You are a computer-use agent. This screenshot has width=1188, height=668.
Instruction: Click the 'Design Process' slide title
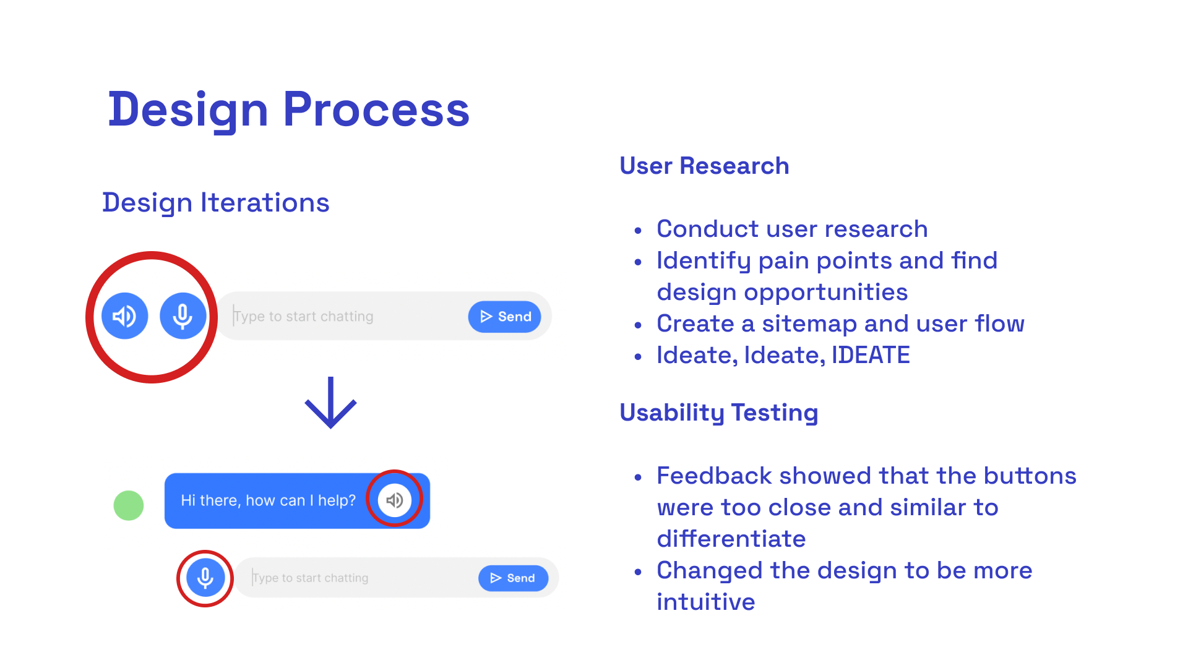coord(289,110)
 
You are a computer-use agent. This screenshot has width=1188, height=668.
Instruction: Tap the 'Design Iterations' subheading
coord(216,203)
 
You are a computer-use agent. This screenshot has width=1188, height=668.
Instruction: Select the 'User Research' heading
coord(704,166)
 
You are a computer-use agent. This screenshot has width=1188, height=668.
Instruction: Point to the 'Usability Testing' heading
coord(719,413)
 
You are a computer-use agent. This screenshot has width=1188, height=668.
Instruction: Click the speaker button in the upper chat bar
coord(125,316)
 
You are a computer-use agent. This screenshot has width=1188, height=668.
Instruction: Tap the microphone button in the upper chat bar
coord(183,316)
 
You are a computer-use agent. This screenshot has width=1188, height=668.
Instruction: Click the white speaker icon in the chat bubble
coord(395,500)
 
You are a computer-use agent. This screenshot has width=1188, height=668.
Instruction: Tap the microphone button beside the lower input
coord(205,578)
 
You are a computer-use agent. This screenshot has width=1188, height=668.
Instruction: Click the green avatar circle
coord(129,505)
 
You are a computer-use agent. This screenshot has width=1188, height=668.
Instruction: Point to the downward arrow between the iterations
coord(331,402)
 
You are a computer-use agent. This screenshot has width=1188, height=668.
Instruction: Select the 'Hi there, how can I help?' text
coord(268,500)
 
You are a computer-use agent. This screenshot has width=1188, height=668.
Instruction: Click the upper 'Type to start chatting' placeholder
coord(303,317)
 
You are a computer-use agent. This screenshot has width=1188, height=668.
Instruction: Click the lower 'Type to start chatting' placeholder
coord(310,578)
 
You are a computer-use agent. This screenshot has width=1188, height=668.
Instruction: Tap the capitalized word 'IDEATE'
coord(871,355)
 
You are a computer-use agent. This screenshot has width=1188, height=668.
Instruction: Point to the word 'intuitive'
coord(706,602)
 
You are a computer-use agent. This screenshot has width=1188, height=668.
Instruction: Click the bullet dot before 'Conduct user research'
coord(638,231)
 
